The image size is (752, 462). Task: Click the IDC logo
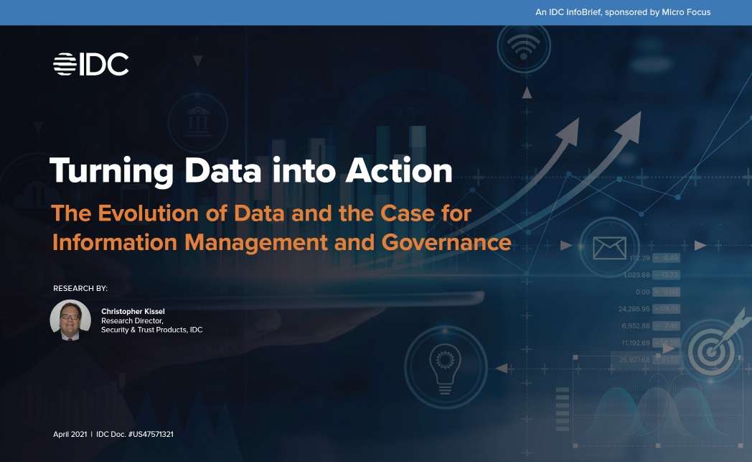click(90, 64)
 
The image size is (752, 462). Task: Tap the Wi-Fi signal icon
click(526, 48)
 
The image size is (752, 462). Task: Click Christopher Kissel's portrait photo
click(70, 320)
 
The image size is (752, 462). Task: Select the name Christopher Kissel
click(133, 311)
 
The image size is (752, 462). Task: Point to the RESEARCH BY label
click(80, 288)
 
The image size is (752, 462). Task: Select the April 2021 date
click(70, 435)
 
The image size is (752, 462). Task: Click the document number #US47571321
click(151, 435)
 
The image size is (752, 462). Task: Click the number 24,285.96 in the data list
click(634, 309)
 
